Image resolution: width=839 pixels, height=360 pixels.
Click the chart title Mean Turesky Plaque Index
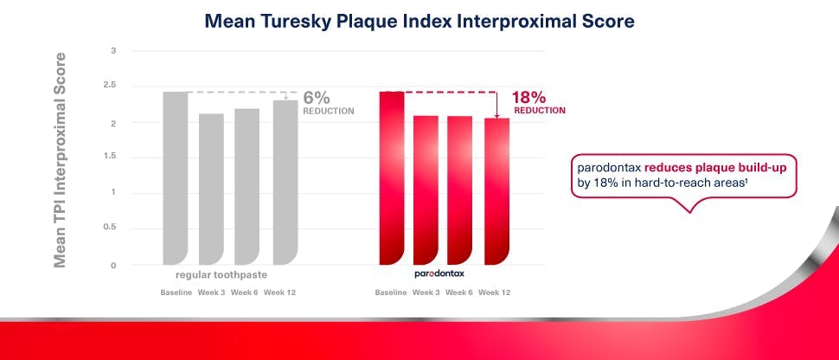(x=419, y=22)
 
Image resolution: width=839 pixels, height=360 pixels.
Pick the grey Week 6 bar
(x=247, y=186)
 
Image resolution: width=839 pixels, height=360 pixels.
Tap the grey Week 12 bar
(x=285, y=182)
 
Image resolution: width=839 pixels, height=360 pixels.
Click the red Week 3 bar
(x=425, y=190)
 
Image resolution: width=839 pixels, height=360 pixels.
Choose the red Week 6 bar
(x=460, y=190)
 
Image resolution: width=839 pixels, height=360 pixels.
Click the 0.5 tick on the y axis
(x=109, y=228)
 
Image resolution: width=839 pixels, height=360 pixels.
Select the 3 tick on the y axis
(x=113, y=51)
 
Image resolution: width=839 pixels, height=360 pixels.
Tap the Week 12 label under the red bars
(x=494, y=292)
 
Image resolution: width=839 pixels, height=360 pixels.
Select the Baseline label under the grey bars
(x=176, y=292)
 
